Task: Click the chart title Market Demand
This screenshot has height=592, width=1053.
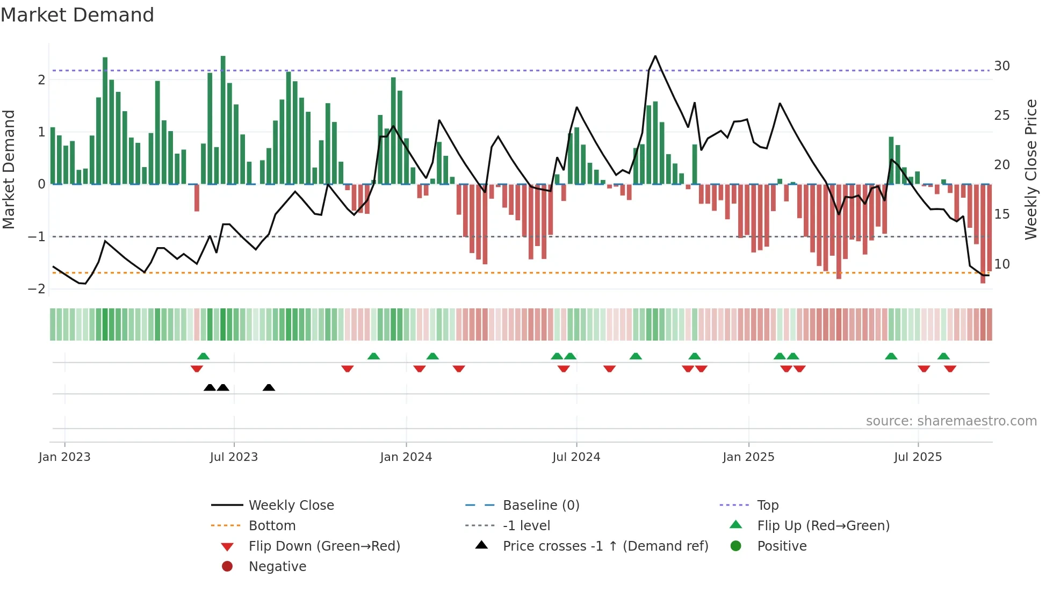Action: point(77,15)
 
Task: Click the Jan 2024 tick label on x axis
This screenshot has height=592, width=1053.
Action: point(406,457)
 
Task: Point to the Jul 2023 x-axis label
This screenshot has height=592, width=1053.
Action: point(234,457)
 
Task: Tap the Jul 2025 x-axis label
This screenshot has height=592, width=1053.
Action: point(918,457)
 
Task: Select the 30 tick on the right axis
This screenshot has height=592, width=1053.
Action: point(1001,66)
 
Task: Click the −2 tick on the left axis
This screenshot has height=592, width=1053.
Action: point(37,289)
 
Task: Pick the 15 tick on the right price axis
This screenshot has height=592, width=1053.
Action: point(1001,214)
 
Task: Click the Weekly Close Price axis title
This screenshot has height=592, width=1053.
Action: point(1030,169)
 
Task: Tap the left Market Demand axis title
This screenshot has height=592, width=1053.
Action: point(9,169)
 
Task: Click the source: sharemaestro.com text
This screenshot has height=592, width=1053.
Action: point(951,421)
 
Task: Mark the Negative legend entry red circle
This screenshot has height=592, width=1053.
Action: point(227,567)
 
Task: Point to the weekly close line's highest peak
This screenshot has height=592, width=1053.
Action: point(655,56)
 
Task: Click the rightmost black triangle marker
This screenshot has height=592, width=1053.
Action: point(269,388)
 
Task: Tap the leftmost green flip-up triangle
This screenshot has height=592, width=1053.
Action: point(203,356)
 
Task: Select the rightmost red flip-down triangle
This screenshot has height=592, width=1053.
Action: point(950,369)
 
